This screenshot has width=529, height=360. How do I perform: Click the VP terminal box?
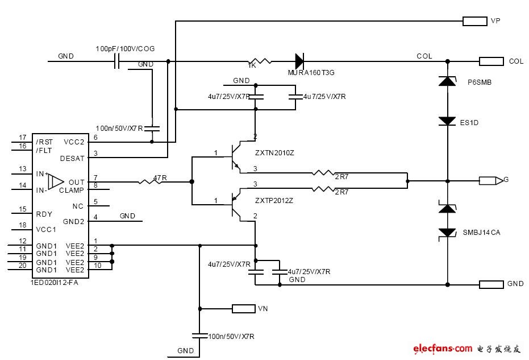point(474,21)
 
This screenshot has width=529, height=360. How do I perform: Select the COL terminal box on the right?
point(491,61)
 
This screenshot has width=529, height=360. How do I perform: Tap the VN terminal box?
point(244,309)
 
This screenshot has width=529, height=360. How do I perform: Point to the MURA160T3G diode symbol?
point(299,61)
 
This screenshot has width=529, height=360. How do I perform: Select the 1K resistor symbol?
point(260,61)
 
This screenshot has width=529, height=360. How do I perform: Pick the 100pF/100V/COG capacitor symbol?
point(118,61)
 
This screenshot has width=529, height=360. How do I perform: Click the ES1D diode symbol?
point(448,121)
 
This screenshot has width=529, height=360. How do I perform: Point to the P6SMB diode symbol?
point(448,82)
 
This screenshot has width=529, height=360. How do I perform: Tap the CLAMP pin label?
point(72,190)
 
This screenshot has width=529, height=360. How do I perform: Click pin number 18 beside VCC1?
point(23,225)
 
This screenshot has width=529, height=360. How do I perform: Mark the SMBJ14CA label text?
point(481,233)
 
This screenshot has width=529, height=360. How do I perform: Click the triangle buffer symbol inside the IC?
point(56,181)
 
